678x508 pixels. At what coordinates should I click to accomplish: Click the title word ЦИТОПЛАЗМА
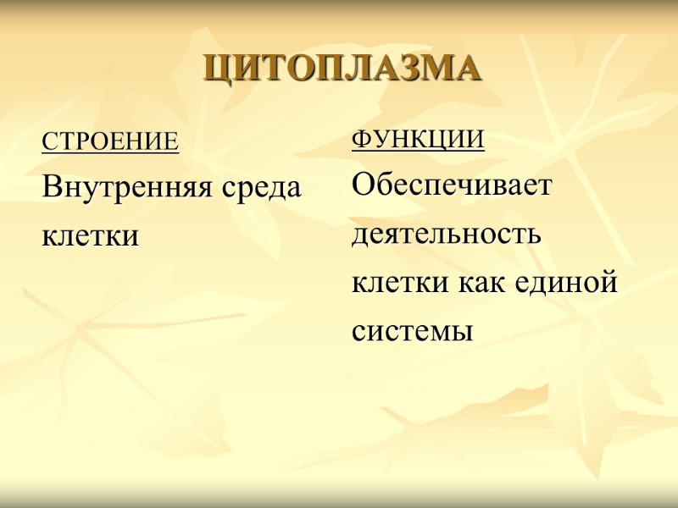pyautogui.click(x=342, y=69)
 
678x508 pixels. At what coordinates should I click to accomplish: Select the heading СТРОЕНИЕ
pyautogui.click(x=111, y=141)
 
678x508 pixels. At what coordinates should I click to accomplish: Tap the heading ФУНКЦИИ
pyautogui.click(x=418, y=139)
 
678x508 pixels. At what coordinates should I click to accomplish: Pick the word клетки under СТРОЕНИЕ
pyautogui.click(x=90, y=235)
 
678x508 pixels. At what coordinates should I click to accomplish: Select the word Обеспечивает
pyautogui.click(x=452, y=185)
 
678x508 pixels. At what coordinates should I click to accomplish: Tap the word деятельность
pyautogui.click(x=446, y=233)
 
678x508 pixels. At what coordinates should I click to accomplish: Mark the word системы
pyautogui.click(x=412, y=331)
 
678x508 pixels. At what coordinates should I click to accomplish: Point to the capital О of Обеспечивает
pyautogui.click(x=362, y=185)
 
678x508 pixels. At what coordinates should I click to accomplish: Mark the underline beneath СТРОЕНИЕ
pyautogui.click(x=111, y=152)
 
